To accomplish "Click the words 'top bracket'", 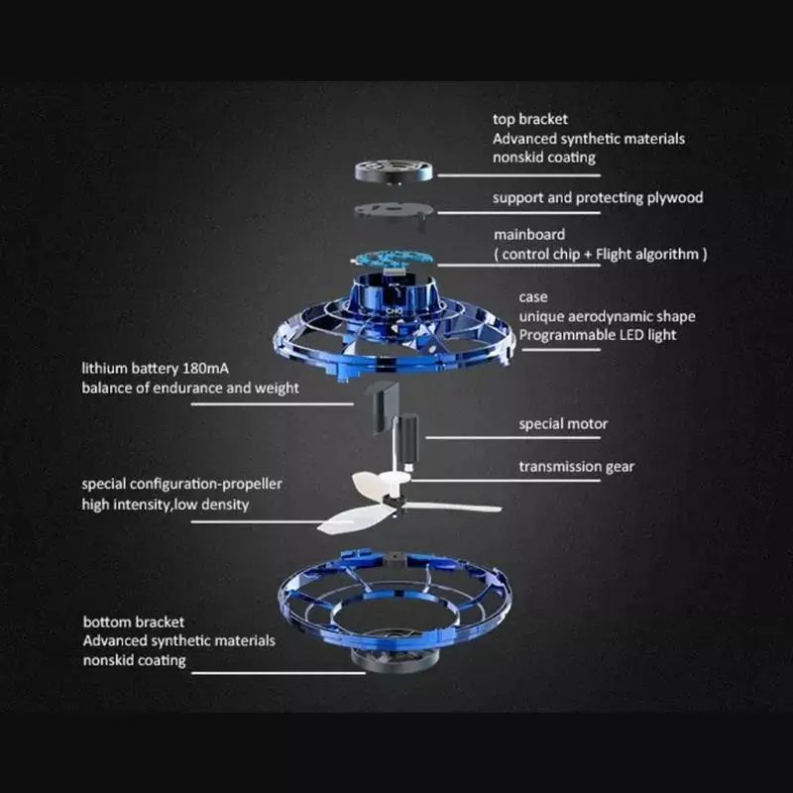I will click(530, 120).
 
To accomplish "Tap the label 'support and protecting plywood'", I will click(598, 197).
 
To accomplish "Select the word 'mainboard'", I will click(529, 235).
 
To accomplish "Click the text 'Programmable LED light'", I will click(598, 334).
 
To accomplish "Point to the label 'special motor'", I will click(563, 424).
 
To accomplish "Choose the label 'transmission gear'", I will click(576, 466).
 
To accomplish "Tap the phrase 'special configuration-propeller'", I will click(181, 484).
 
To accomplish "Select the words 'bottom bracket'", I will click(133, 623).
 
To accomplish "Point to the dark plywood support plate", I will click(394, 209).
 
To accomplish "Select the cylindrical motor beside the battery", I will click(407, 441).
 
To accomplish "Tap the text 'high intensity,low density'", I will click(165, 505).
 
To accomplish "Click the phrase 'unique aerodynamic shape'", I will click(607, 315).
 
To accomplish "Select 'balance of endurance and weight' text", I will click(189, 388).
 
